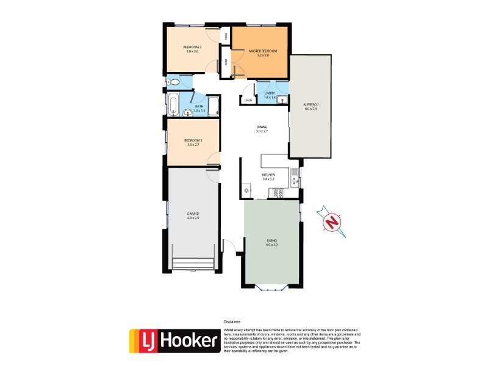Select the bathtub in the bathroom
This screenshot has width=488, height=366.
coord(173,105)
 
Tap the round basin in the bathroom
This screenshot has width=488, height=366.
coord(187,112)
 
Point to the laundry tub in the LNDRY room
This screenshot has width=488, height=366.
coord(282,101)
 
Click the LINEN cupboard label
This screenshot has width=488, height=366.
coord(248,100)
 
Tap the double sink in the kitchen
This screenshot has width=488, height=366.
coord(294,177)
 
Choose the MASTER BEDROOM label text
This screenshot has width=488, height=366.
coord(263,51)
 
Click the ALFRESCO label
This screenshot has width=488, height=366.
coord(311,105)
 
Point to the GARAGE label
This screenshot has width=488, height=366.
coord(193,213)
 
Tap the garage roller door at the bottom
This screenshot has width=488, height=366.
coord(193,264)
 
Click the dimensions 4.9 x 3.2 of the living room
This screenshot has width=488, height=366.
coord(271,245)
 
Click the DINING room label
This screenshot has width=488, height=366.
coord(262,127)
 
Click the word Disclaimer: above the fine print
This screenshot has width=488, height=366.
coord(232,321)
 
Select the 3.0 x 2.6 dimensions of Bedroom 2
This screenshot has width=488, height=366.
coord(193,51)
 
